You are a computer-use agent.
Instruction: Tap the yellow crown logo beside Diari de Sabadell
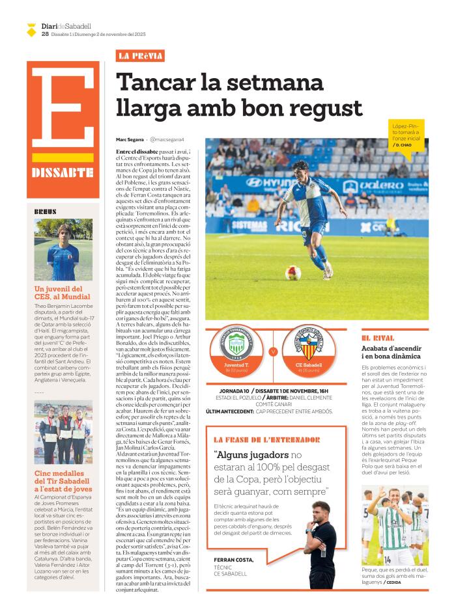[x=31, y=29]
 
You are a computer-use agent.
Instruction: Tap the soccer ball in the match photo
[x=293, y=273]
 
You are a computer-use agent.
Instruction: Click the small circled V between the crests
[x=273, y=352]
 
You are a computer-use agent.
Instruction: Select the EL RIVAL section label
[x=378, y=338]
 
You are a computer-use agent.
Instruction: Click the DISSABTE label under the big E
[x=63, y=173]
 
